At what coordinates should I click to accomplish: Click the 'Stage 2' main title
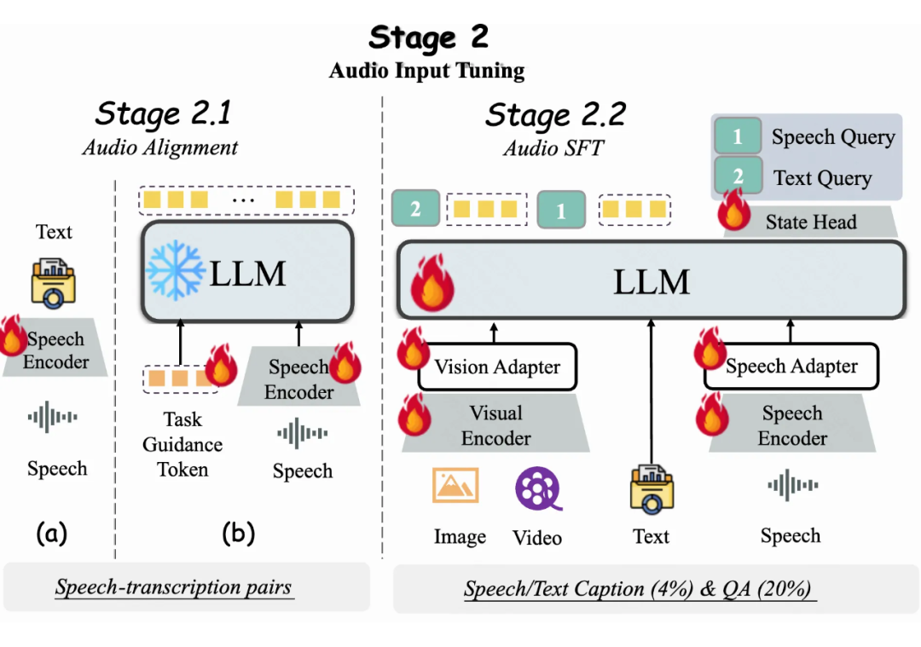[428, 38]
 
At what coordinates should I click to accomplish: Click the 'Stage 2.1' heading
[162, 113]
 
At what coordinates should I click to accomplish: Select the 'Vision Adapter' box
[497, 367]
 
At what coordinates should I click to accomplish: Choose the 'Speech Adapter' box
[791, 367]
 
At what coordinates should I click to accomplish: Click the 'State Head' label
[810, 222]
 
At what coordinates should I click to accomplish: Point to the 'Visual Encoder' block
[495, 425]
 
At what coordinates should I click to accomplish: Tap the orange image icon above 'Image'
[455, 485]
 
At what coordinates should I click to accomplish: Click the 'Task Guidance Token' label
[182, 444]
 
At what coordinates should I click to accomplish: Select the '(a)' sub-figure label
[51, 534]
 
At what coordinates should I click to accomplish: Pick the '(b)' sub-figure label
[238, 534]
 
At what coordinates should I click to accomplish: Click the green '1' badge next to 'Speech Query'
[738, 136]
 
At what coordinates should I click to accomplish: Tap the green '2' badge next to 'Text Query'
[738, 177]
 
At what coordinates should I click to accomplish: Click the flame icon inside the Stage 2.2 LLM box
[432, 283]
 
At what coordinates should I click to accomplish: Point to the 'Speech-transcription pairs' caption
[173, 587]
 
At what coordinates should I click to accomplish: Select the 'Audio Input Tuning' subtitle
[426, 71]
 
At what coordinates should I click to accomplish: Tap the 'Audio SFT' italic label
[553, 147]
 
